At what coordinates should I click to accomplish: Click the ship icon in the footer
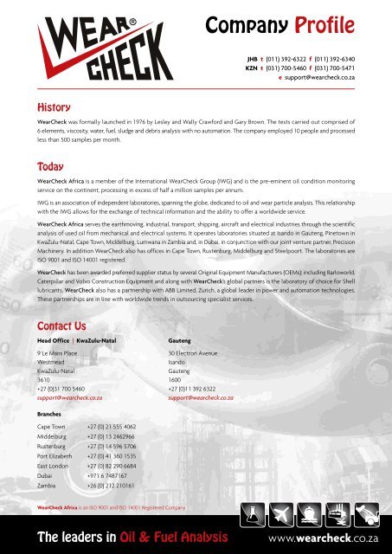(309, 518)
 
